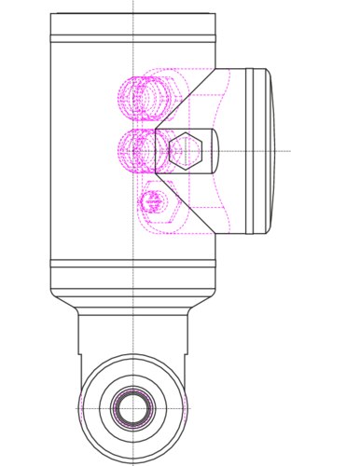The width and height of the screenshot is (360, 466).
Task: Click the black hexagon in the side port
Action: (186, 152)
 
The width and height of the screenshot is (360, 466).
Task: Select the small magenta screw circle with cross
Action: (153, 199)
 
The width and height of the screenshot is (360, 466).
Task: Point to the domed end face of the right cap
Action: (270, 151)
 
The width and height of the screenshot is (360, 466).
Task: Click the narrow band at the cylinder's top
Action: (133, 38)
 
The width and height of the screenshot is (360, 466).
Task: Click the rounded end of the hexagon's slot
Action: (212, 151)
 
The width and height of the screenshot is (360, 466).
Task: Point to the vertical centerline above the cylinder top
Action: (133, 7)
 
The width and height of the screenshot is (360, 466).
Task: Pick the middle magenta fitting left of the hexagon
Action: (140, 149)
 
